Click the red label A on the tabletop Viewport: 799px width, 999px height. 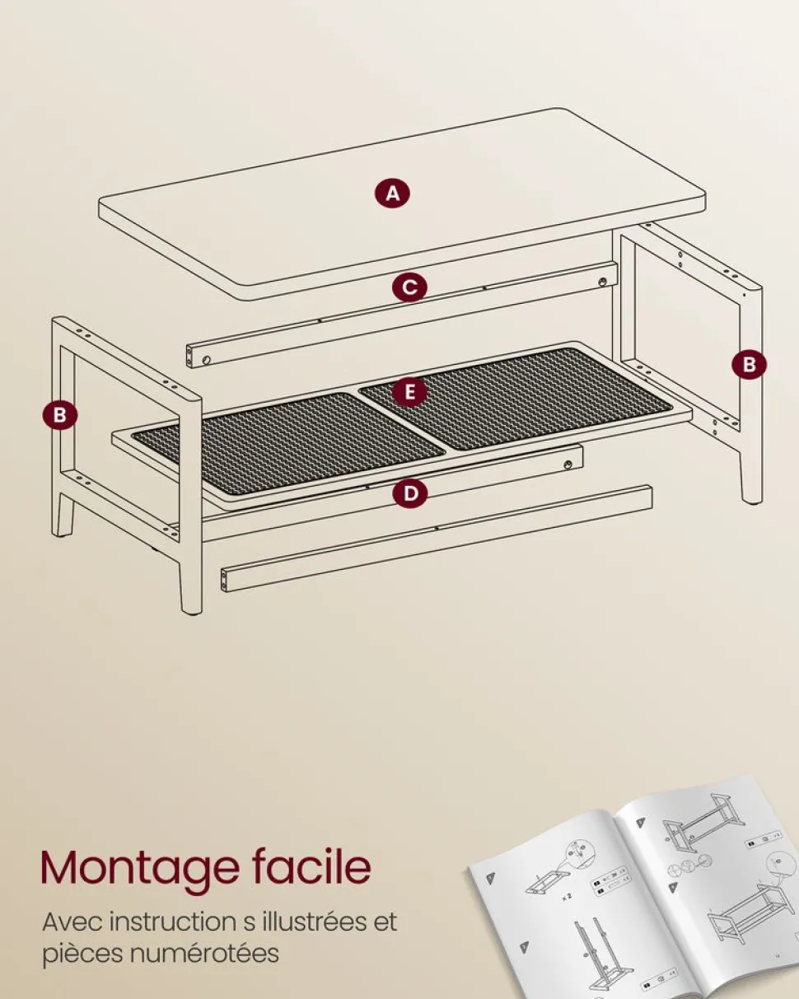pos(393,194)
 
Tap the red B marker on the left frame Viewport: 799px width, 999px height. pos(59,416)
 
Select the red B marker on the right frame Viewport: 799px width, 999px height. pos(749,364)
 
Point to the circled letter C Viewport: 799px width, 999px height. pos(409,287)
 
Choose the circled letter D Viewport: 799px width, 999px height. pos(409,493)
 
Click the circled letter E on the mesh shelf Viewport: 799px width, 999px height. pos(409,392)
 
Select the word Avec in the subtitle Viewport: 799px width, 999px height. pos(72,921)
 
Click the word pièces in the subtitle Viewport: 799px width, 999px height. pos(81,954)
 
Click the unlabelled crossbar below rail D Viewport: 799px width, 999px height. pos(437,537)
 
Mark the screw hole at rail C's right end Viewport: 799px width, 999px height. pos(604,282)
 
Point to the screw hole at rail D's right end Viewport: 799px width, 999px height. pos(568,466)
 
